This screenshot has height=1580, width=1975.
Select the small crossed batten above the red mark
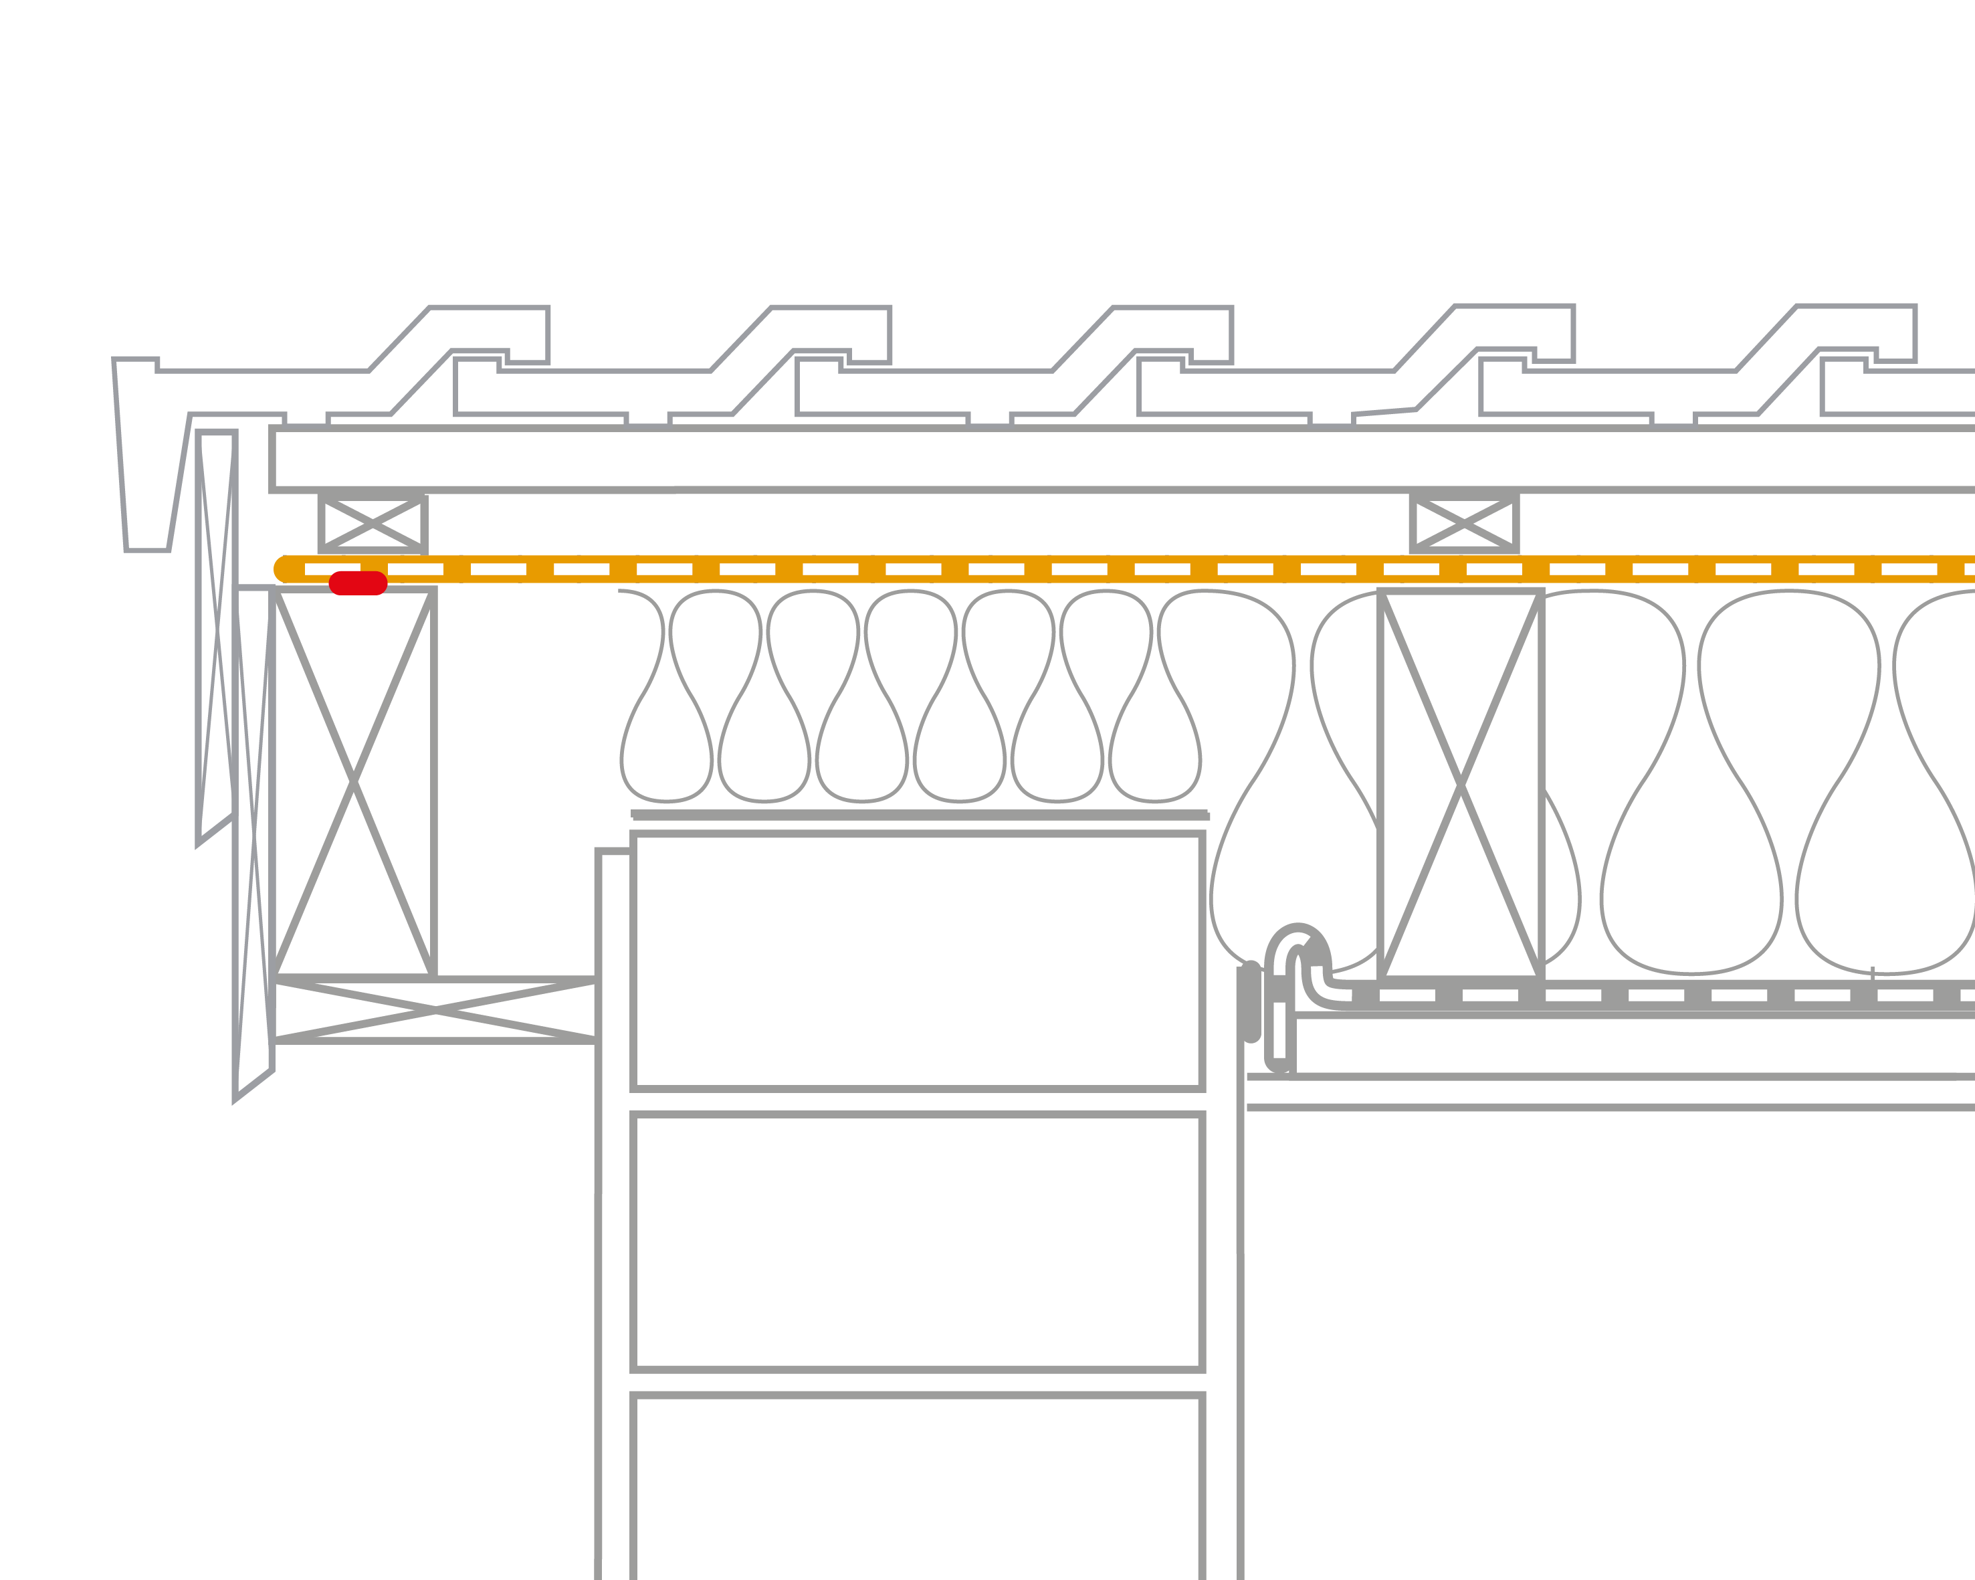(373, 524)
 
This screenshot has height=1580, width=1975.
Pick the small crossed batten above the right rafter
(1465, 524)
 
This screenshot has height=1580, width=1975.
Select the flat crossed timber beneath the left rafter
(436, 1010)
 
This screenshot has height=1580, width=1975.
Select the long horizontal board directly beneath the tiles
(1100, 459)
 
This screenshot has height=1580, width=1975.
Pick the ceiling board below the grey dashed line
(1631, 1045)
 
